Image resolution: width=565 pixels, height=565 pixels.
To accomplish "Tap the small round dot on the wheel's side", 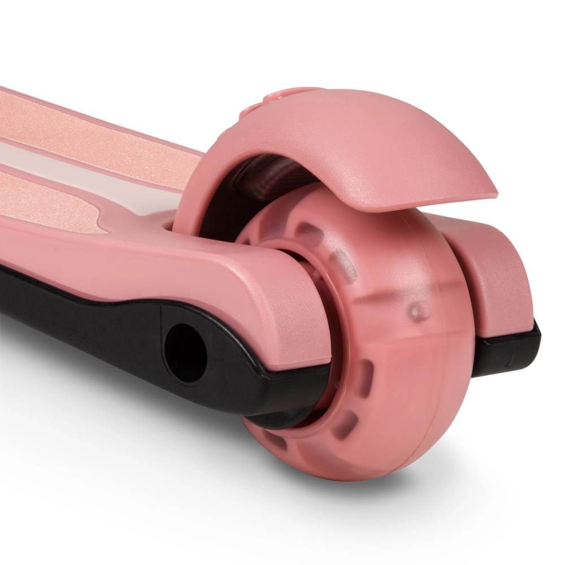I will pos(417,311).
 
